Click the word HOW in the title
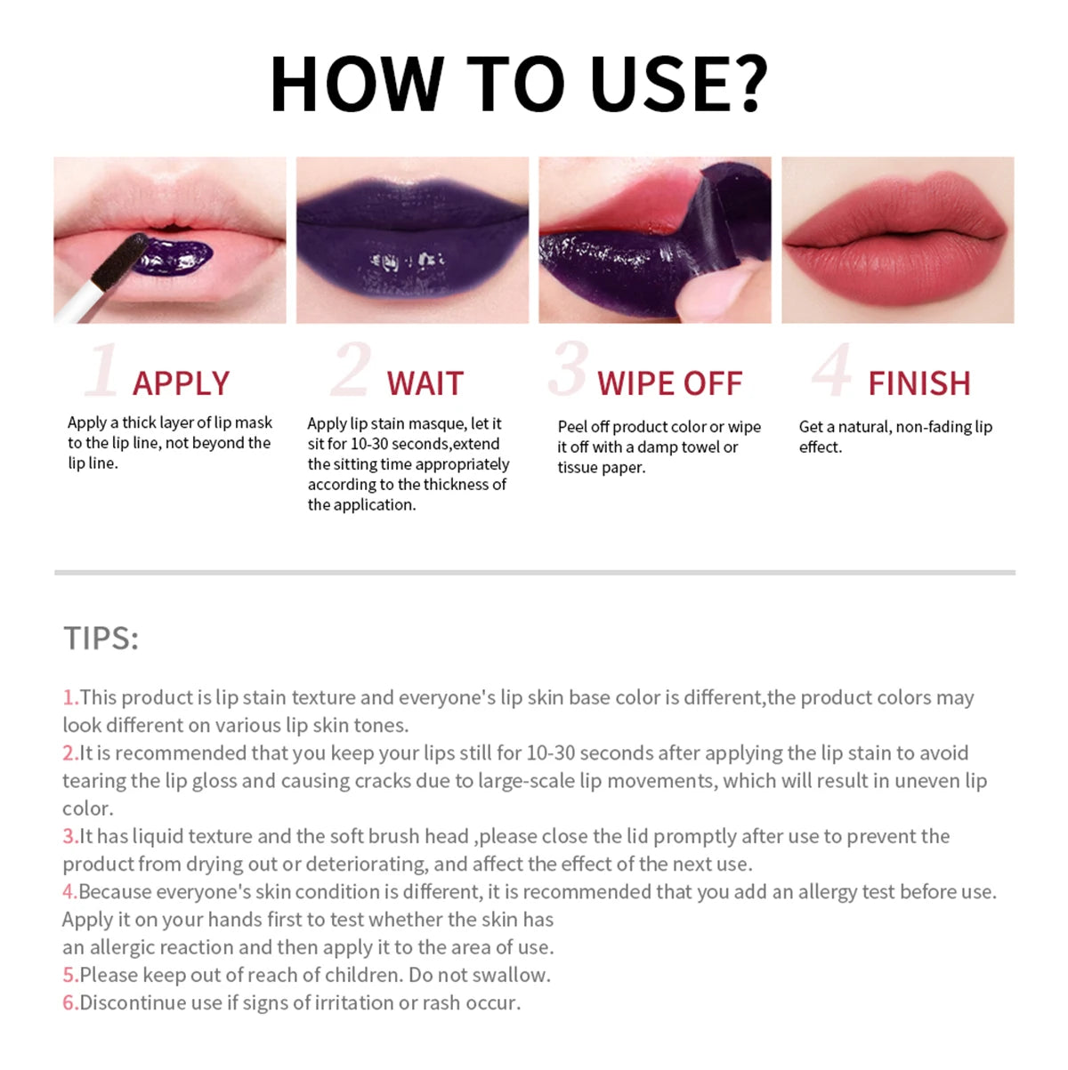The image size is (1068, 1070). pyautogui.click(x=355, y=84)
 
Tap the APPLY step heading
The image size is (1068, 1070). pyautogui.click(x=181, y=383)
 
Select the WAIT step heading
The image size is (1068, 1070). pyautogui.click(x=425, y=383)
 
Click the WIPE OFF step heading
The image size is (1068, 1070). pyautogui.click(x=669, y=383)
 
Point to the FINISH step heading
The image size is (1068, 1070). pyautogui.click(x=918, y=383)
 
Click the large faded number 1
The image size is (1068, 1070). pyautogui.click(x=101, y=370)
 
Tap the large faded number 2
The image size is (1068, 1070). pyautogui.click(x=351, y=369)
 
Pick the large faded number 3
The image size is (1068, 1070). pyautogui.click(x=568, y=368)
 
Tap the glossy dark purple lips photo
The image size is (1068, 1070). pyautogui.click(x=412, y=240)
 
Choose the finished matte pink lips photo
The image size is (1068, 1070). pyautogui.click(x=897, y=240)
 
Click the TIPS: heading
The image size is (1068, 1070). pyautogui.click(x=101, y=639)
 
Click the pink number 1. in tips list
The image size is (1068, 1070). pyautogui.click(x=70, y=697)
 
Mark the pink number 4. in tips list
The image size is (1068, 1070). pyautogui.click(x=69, y=891)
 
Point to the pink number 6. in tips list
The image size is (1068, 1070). pyautogui.click(x=70, y=1002)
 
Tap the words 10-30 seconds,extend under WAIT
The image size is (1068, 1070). pyautogui.click(x=425, y=444)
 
